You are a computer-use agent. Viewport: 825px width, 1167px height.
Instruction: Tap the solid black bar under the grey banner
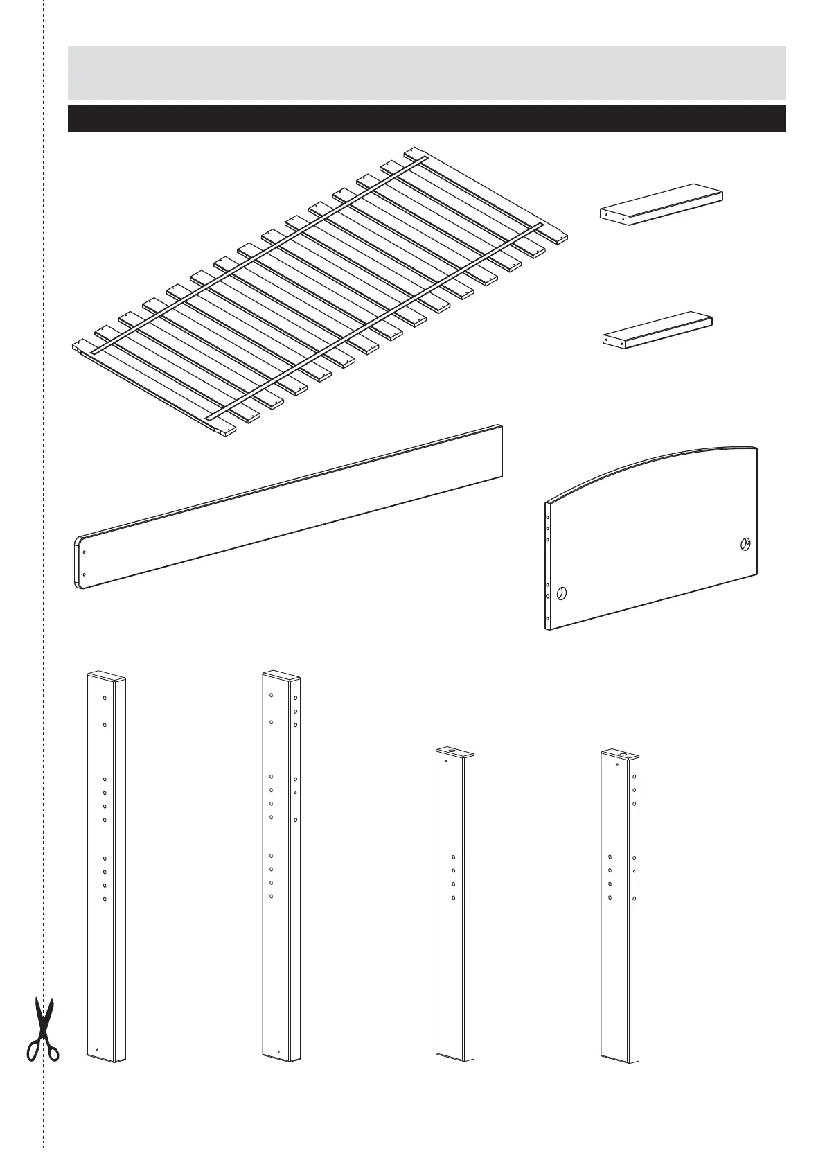[426, 119]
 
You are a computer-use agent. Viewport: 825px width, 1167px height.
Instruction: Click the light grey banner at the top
[426, 73]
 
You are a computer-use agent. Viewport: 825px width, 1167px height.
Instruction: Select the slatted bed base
[319, 291]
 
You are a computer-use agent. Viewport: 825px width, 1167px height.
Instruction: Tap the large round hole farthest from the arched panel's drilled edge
[745, 544]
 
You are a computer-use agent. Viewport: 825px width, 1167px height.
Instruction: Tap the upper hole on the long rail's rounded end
[84, 552]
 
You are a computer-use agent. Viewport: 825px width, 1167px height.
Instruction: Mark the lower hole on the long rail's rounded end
[84, 574]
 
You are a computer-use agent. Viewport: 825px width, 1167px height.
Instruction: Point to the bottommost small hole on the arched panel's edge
[548, 617]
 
